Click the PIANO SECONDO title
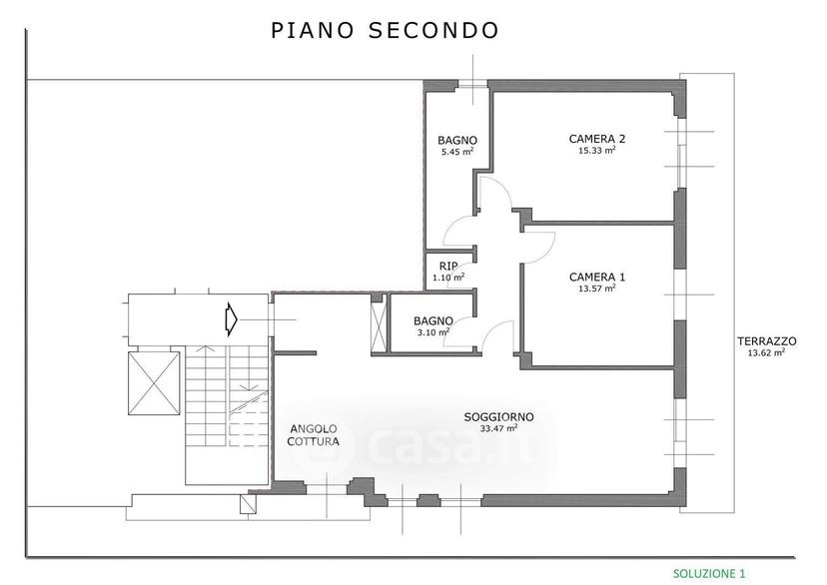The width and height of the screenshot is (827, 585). tap(385, 31)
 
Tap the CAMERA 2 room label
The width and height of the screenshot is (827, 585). tap(597, 139)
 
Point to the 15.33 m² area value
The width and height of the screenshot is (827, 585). tap(596, 150)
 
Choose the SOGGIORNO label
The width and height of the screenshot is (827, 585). tap(499, 417)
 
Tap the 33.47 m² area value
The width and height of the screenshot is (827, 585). tap(499, 428)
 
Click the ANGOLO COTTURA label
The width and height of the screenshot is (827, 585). tap(314, 435)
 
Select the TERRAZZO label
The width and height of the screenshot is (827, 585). tap(767, 341)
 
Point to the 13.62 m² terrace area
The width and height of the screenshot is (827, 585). tap(766, 352)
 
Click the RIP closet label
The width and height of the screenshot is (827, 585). tap(448, 267)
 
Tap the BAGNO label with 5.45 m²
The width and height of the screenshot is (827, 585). tap(457, 140)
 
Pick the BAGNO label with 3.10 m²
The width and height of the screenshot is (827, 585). tap(433, 321)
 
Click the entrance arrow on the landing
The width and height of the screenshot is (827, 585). tap(231, 319)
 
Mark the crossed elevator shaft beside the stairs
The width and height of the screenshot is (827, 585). tap(154, 383)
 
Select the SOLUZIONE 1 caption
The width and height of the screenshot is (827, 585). tap(709, 573)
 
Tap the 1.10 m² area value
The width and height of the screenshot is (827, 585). tap(448, 278)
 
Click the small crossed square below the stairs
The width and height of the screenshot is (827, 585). tap(248, 504)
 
